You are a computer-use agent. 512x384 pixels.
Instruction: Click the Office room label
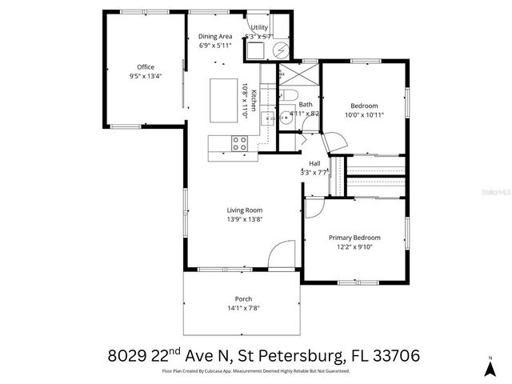click(145, 67)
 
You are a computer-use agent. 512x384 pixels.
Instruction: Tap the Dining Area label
click(214, 36)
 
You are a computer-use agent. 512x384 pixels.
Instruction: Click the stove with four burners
click(238, 144)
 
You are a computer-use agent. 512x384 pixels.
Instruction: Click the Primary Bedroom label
click(354, 238)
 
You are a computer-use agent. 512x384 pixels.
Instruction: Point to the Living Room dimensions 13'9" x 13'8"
click(244, 220)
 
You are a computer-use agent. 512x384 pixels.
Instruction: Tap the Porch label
click(243, 298)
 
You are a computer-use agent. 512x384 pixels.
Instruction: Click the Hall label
click(314, 163)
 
